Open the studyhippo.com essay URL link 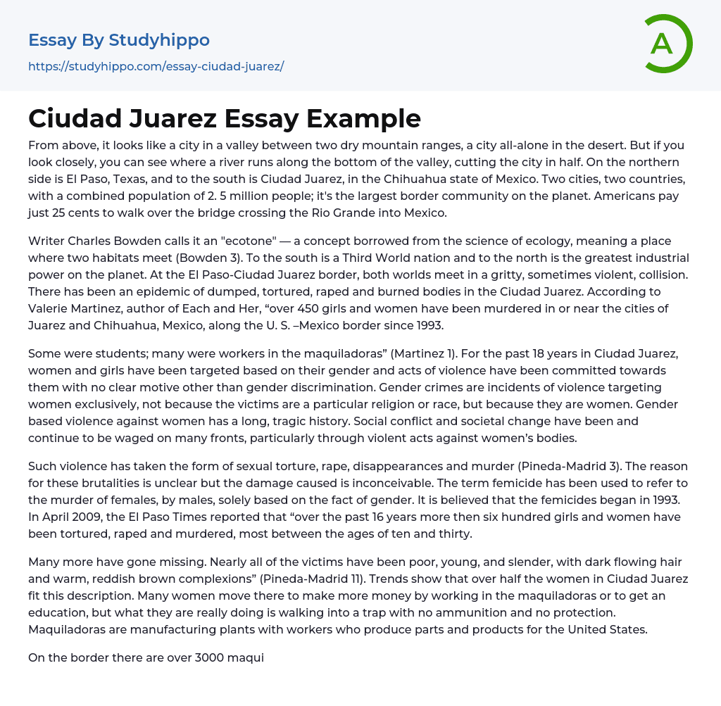[x=156, y=67]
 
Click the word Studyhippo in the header [x=160, y=40]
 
